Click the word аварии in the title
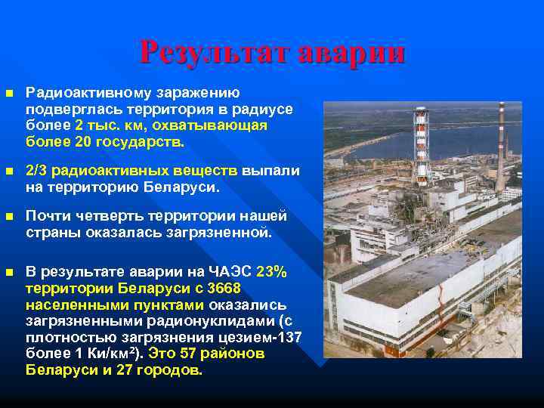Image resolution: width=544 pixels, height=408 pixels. click(351, 53)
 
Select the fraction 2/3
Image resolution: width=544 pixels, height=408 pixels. click(36, 172)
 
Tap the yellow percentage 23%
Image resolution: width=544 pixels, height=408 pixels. click(271, 272)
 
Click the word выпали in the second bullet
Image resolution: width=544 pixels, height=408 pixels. click(273, 172)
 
